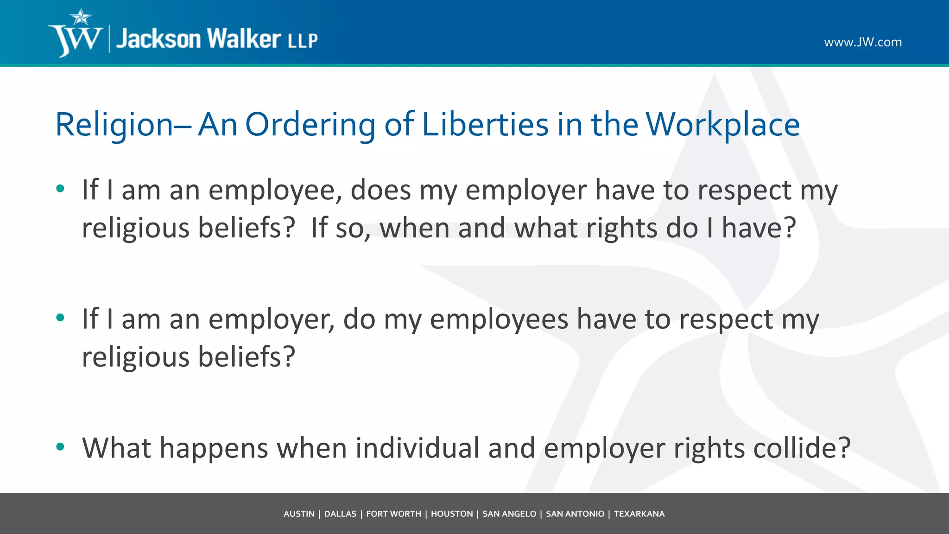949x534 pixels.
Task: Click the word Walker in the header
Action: pos(244,38)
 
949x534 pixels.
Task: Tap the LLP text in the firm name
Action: pos(303,41)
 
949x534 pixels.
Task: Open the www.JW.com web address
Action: pos(863,42)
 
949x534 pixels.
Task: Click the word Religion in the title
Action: pos(114,125)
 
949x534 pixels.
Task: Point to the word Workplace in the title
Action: pos(723,125)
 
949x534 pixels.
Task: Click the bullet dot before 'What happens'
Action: pos(60,447)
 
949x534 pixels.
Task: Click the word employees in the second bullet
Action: pos(499,319)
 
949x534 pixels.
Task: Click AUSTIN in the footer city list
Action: pos(299,514)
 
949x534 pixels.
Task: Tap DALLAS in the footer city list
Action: pos(340,514)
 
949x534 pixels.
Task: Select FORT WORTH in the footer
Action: pos(393,514)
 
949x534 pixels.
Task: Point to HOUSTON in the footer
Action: pos(452,514)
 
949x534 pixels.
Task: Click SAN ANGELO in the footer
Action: pos(509,514)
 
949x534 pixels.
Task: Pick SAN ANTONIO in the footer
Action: pos(575,514)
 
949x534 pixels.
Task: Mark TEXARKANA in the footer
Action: pos(639,514)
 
